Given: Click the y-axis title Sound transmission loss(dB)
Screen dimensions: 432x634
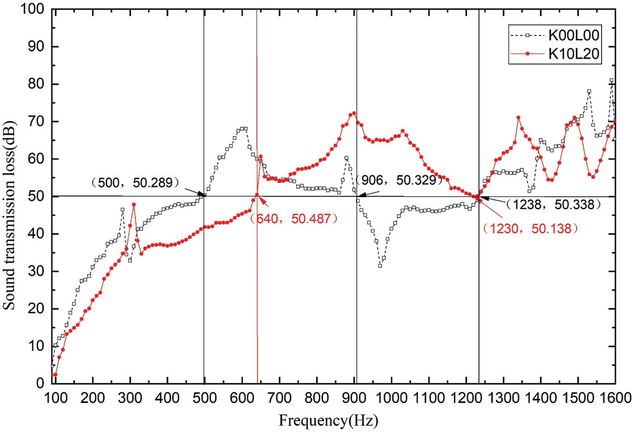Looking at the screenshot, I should (10, 197).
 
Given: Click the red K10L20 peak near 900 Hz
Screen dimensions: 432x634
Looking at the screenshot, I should (354, 113).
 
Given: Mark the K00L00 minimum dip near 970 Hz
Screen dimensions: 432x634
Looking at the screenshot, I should (380, 266).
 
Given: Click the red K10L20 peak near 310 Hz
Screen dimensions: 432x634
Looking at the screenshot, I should (134, 204).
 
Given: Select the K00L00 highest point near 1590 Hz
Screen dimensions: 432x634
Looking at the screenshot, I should (612, 80).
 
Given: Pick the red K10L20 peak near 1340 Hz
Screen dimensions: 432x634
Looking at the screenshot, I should (518, 118).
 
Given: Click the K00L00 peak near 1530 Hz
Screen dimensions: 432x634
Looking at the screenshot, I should (589, 91).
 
